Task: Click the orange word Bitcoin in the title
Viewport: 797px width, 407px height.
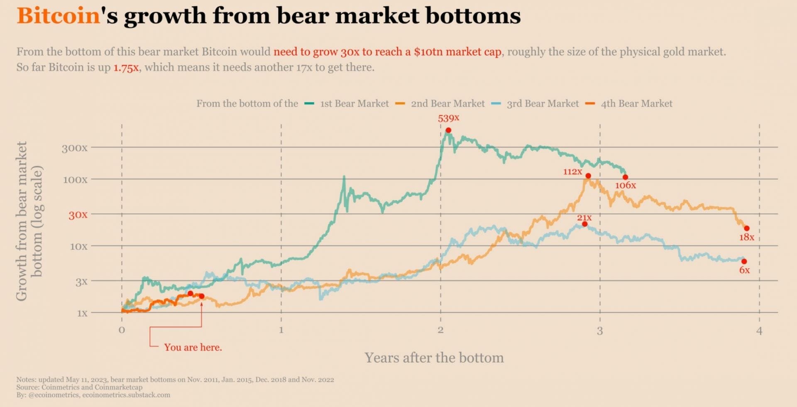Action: tap(59, 16)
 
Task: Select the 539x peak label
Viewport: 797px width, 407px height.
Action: tap(448, 118)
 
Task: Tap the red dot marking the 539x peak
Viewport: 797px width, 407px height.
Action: tap(448, 130)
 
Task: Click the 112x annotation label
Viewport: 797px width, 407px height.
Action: tap(572, 172)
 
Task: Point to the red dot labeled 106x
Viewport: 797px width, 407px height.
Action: tap(625, 177)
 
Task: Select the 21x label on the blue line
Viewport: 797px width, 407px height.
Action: tap(584, 218)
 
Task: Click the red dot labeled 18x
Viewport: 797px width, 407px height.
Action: tap(747, 228)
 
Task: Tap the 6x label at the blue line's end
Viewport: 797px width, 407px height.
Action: tap(744, 270)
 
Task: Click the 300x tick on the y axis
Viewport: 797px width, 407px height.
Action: tap(75, 148)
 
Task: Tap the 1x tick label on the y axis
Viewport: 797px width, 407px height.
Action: tap(82, 313)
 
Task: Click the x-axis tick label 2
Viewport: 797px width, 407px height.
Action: tap(440, 330)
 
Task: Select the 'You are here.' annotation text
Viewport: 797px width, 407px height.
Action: tap(193, 348)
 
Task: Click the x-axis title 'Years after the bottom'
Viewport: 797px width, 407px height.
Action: tap(434, 358)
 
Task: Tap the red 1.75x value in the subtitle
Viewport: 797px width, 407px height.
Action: tap(126, 68)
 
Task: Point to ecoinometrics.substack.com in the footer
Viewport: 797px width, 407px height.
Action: tap(126, 395)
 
